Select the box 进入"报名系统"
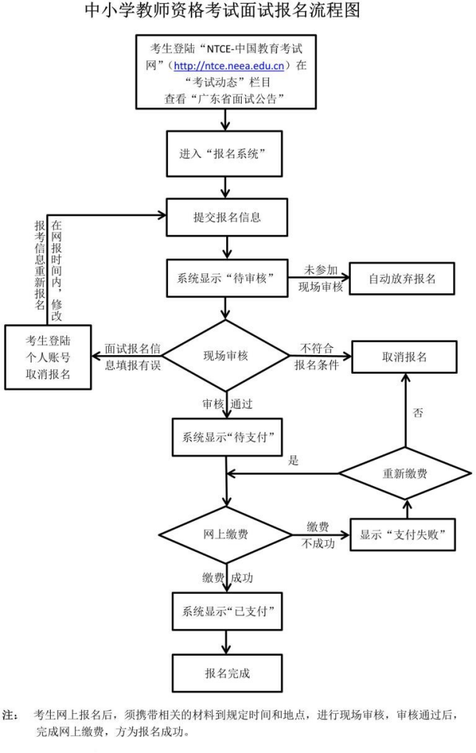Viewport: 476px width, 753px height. tap(224, 155)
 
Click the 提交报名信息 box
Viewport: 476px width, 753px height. tap(224, 218)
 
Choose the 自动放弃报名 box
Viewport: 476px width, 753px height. tap(401, 278)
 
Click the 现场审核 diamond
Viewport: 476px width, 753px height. tap(225, 355)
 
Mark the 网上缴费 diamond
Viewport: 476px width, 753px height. tap(225, 534)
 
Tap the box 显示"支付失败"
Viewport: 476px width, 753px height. tap(402, 534)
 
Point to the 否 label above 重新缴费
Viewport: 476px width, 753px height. tap(418, 413)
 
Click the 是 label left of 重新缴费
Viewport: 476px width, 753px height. tap(293, 461)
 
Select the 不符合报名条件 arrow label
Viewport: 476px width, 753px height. tap(317, 356)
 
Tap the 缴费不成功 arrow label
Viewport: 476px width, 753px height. tap(318, 535)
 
